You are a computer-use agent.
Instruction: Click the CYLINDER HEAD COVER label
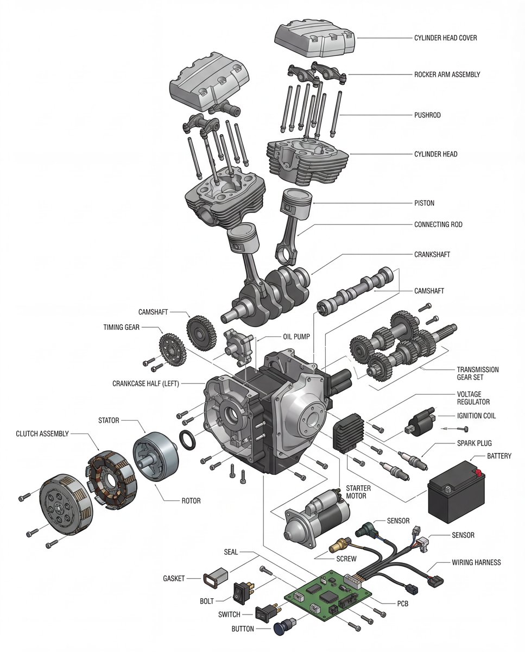(445, 38)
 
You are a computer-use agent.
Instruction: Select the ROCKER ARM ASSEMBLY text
(447, 74)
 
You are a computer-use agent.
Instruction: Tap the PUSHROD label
(427, 115)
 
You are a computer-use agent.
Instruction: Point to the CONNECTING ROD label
(438, 224)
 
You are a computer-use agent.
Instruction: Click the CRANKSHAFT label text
(432, 254)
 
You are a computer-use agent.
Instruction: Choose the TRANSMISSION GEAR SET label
(477, 373)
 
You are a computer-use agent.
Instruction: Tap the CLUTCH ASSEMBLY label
(42, 434)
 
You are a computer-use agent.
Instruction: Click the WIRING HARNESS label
(476, 562)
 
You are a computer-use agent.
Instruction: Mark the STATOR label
(109, 420)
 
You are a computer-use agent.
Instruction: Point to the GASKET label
(174, 578)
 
